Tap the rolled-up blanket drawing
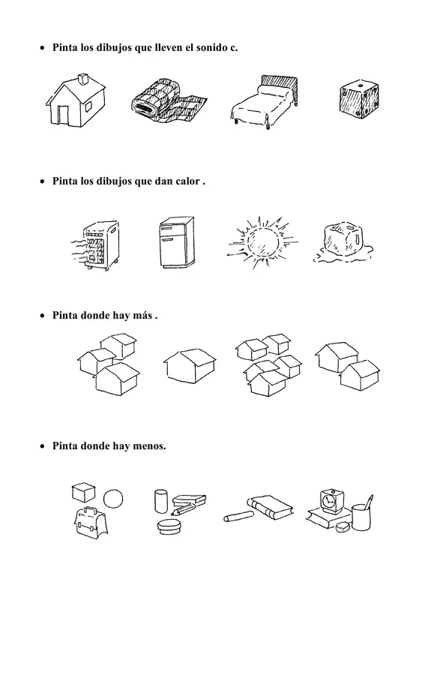click(x=169, y=100)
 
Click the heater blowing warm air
click(x=97, y=244)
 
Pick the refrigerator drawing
click(x=176, y=242)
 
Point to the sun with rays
click(x=262, y=242)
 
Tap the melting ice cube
click(x=343, y=243)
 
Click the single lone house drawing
click(x=190, y=365)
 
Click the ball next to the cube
click(x=114, y=499)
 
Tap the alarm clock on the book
click(x=331, y=501)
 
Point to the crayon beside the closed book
click(x=238, y=516)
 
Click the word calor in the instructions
click(x=187, y=181)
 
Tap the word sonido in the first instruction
click(x=211, y=47)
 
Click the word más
click(x=142, y=315)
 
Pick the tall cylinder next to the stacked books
click(x=161, y=501)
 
